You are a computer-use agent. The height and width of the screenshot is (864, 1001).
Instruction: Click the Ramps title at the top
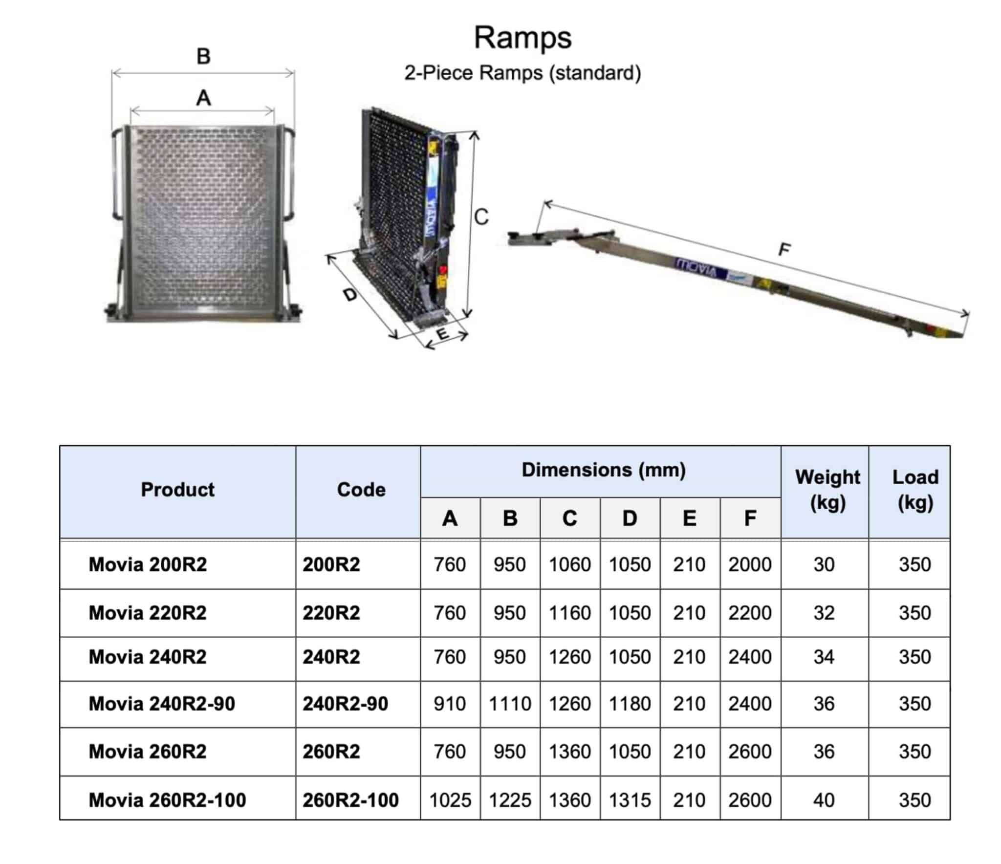pyautogui.click(x=522, y=38)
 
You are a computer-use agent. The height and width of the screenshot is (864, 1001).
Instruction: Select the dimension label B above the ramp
pyautogui.click(x=203, y=56)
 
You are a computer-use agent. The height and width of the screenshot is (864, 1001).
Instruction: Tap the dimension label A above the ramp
pyautogui.click(x=203, y=98)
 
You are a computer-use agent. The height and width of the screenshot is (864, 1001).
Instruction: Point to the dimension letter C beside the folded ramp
pyautogui.click(x=481, y=217)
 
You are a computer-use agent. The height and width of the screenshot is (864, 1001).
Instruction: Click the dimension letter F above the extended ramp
pyautogui.click(x=783, y=250)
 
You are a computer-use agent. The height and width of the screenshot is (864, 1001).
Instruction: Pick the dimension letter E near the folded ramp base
pyautogui.click(x=442, y=334)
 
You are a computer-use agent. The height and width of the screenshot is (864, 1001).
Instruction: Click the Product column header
pyautogui.click(x=177, y=489)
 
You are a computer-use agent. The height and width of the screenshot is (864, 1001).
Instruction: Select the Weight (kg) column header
pyautogui.click(x=827, y=489)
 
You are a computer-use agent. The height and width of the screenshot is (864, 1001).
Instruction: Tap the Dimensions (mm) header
pyautogui.click(x=604, y=470)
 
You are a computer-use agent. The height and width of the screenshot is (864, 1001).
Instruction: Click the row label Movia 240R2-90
pyautogui.click(x=162, y=704)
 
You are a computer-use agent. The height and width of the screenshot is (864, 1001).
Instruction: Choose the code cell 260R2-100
pyautogui.click(x=350, y=800)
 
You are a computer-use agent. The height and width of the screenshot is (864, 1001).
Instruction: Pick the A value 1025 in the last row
pyautogui.click(x=450, y=800)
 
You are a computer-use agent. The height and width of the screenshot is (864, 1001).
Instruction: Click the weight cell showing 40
pyautogui.click(x=824, y=800)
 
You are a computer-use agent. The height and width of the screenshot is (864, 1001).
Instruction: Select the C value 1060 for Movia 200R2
pyautogui.click(x=569, y=564)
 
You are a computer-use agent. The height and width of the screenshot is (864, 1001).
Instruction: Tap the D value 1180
pyautogui.click(x=630, y=704)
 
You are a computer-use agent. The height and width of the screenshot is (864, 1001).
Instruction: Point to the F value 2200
pyautogui.click(x=749, y=613)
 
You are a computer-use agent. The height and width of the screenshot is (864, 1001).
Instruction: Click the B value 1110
pyautogui.click(x=510, y=704)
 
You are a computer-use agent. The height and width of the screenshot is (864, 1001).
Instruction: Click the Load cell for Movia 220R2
pyautogui.click(x=914, y=613)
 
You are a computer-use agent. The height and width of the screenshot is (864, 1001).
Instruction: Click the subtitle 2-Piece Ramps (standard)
pyautogui.click(x=522, y=73)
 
